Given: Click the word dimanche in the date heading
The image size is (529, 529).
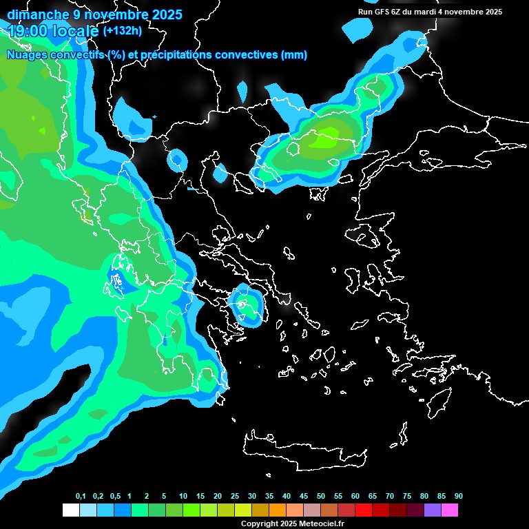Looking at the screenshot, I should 38,14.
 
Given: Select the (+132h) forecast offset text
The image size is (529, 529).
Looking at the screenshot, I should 122,31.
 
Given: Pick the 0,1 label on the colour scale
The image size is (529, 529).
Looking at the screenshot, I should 81,497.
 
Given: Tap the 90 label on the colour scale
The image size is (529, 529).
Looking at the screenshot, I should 458,497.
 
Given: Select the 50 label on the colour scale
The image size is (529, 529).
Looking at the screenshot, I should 321,497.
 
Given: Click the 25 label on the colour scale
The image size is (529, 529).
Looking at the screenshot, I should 235,497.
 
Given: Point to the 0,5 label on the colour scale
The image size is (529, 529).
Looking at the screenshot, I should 115,497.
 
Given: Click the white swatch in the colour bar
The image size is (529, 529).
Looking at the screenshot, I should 70,510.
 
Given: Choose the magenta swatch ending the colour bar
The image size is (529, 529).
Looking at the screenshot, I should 449,510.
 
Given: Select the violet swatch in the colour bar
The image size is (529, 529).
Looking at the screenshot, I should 432,510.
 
